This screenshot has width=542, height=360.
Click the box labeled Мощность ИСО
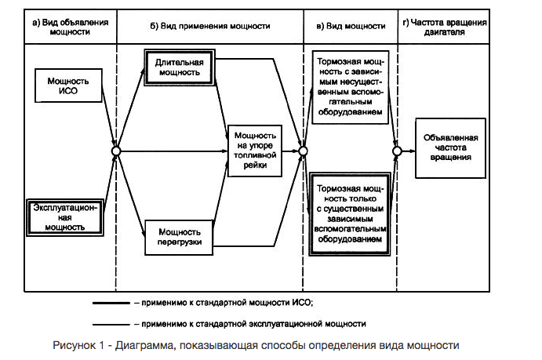68,85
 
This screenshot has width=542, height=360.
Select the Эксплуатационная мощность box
65,218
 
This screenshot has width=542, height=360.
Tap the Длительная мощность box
180,67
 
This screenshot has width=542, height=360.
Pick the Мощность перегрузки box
179,238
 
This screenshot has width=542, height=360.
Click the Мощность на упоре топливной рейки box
255,151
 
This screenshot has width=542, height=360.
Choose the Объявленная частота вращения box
450,148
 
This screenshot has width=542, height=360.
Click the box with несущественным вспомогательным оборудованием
351,87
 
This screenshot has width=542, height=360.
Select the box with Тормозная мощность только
350,214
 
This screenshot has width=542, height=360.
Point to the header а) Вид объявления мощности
70,27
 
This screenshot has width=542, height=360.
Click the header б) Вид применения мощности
209,26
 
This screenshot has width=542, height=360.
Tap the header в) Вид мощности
351,26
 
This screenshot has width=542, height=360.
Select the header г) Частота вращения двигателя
445,27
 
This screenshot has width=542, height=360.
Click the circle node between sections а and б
116,151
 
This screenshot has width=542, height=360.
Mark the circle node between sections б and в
303,151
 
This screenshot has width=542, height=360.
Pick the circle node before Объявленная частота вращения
397,151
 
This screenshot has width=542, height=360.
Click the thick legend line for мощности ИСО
111,303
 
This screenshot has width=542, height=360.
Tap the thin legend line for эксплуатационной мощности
111,325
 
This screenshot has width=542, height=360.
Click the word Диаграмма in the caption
144,345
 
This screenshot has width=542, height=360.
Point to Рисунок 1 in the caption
78,345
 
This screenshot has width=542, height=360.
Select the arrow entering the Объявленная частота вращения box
408,151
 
